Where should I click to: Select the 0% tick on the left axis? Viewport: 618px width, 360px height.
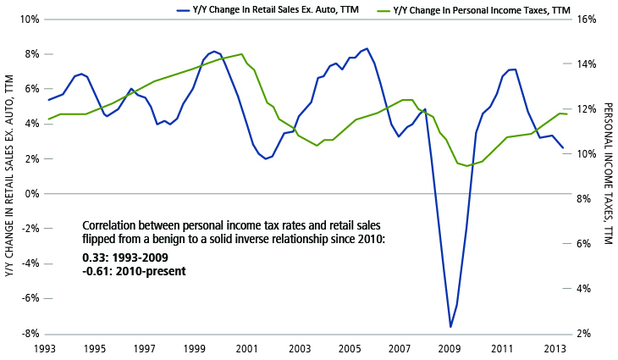(30, 194)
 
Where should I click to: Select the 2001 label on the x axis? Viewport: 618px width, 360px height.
(246, 349)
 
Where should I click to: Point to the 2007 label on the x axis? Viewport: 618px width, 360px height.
(400, 349)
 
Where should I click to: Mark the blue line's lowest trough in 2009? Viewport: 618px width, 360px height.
(450, 326)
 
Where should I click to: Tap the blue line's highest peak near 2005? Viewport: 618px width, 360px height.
(366, 48)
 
